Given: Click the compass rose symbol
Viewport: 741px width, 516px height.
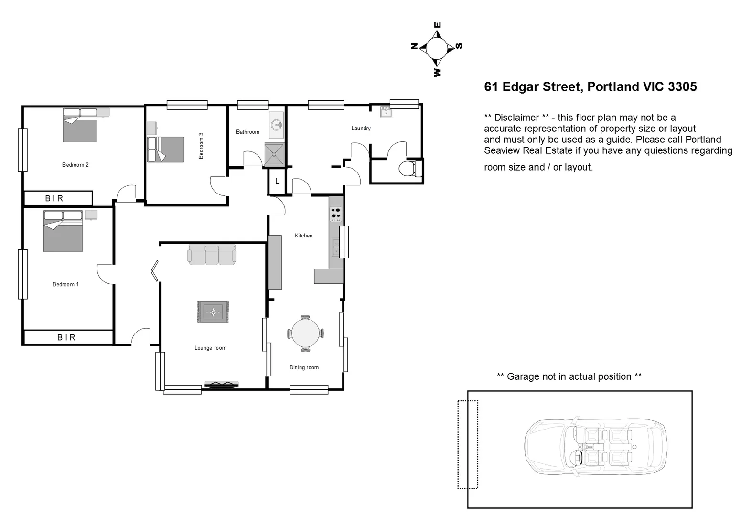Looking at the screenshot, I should tap(436, 48).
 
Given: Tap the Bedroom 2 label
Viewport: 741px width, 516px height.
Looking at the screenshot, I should tap(75, 165).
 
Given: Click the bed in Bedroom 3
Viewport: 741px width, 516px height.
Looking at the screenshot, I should tap(166, 150).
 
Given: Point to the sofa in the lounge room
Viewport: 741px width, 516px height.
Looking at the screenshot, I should tap(212, 255).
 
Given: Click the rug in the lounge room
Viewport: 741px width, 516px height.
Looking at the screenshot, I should tap(213, 312).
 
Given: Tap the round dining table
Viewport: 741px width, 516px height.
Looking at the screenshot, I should tap(306, 333).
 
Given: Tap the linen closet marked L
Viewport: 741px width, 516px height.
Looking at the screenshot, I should tap(277, 182).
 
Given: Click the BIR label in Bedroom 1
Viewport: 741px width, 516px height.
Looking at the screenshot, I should tap(66, 337).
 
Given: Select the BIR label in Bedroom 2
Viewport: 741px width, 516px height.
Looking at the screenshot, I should tap(54, 198).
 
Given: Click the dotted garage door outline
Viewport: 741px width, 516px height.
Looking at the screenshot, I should tap(468, 444).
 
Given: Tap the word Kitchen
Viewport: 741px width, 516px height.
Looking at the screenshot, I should tap(303, 236).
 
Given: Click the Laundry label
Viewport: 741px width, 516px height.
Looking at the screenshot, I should tap(361, 128).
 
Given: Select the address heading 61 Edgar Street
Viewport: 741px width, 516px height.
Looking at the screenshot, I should tap(590, 86).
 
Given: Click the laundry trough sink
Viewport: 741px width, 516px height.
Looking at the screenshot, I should tap(386, 112).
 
